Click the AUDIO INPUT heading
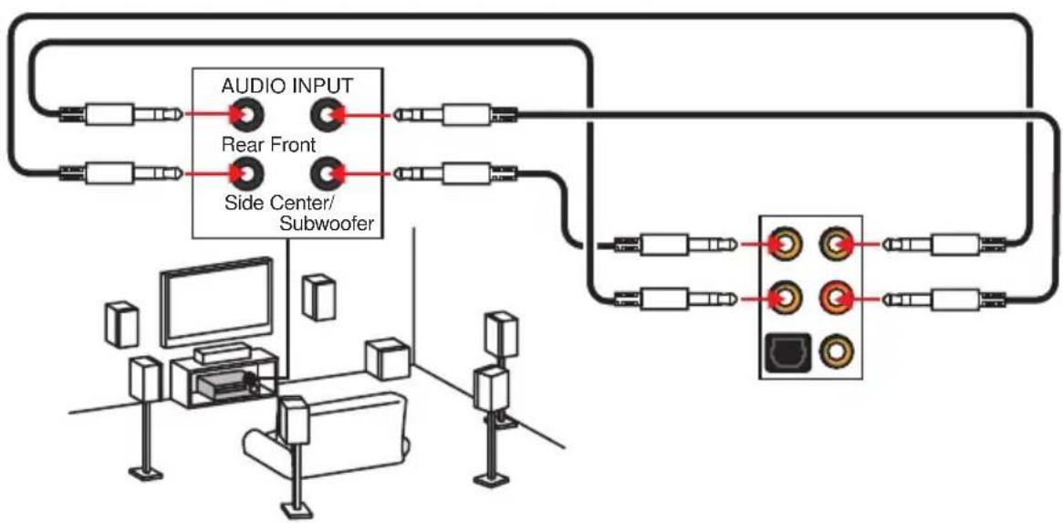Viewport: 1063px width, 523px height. pyautogui.click(x=287, y=86)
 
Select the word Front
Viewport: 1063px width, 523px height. pyautogui.click(x=292, y=144)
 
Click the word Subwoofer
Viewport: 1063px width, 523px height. pyautogui.click(x=326, y=224)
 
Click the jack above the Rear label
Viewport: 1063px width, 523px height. pyautogui.click(x=245, y=115)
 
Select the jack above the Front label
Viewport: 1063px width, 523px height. pyautogui.click(x=326, y=115)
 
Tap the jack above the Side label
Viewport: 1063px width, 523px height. pyautogui.click(x=245, y=173)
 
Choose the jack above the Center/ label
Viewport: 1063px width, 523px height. pyautogui.click(x=326, y=173)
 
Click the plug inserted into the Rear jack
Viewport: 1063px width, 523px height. pyautogui.click(x=120, y=115)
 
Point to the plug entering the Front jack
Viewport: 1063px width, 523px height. pyautogui.click(x=455, y=115)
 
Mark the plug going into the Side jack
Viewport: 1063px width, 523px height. pyautogui.click(x=120, y=173)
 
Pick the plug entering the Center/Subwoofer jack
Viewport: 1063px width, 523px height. pyautogui.click(x=455, y=173)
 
